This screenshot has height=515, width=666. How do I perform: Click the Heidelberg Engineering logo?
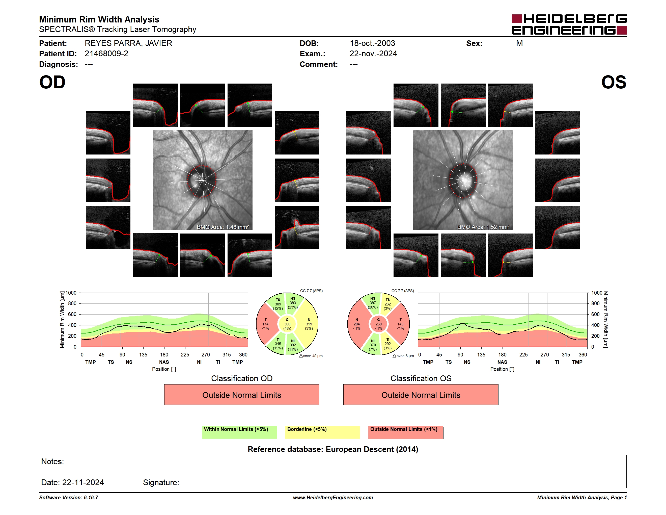tap(569, 24)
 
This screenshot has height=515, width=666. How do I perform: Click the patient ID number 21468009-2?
tap(106, 54)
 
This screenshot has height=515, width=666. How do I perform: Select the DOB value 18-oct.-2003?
tap(372, 43)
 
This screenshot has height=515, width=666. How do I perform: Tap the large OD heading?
tap(52, 82)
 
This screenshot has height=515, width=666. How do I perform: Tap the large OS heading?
tap(614, 82)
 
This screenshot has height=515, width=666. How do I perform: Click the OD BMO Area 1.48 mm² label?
tap(223, 227)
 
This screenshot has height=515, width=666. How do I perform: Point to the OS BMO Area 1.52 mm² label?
tap(483, 227)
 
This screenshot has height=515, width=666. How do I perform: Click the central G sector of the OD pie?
tap(287, 324)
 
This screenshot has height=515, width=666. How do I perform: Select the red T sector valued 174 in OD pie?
tap(266, 324)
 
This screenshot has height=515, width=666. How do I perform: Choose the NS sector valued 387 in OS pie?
tap(373, 303)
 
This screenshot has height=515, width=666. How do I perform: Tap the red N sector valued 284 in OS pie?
tap(357, 324)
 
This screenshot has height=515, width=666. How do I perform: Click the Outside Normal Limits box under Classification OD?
tap(241, 395)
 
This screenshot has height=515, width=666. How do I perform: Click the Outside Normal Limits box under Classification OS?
tap(421, 395)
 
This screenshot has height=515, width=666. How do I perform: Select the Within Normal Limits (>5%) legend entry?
tap(239, 432)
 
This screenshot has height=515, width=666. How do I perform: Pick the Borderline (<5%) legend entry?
tap(322, 432)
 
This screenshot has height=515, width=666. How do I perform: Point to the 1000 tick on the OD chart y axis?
tap(71, 293)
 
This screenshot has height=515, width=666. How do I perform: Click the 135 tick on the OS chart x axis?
tap(481, 354)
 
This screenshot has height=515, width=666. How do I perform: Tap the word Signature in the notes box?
tap(161, 482)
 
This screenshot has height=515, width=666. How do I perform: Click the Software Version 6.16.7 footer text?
tap(69, 498)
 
